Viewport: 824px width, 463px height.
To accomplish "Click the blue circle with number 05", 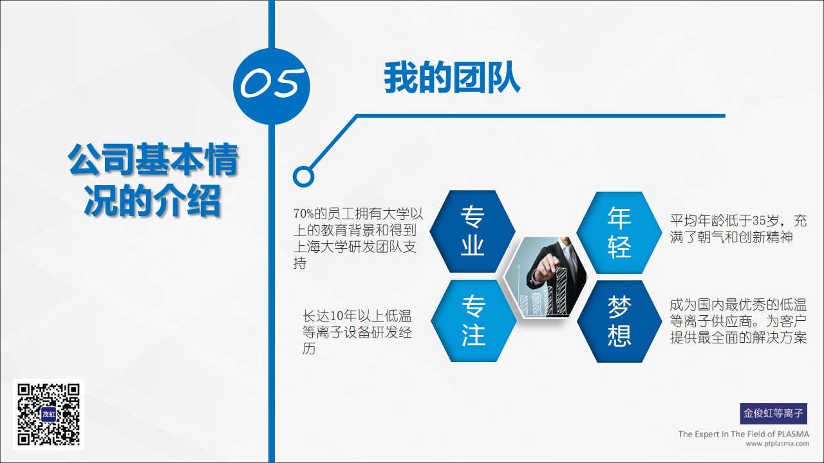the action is coord(272,86).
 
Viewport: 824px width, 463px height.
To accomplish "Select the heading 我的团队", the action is coord(452,78).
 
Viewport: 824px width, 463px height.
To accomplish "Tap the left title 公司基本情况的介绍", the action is coord(153,180).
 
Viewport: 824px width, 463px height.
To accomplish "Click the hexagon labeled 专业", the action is coord(473,232).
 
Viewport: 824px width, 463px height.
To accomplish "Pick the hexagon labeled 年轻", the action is coord(619,233).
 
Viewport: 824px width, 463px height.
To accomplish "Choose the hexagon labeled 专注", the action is coord(473,321).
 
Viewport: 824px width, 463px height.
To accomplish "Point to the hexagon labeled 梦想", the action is coord(619,322).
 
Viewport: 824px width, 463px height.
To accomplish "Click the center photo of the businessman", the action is coord(545,277).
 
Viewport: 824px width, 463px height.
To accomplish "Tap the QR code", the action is coord(48,415).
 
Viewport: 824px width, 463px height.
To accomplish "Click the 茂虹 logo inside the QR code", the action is coord(48,415).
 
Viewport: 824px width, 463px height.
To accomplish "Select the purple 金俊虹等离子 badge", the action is coord(774,413).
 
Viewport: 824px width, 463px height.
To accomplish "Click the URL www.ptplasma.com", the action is coord(777,444).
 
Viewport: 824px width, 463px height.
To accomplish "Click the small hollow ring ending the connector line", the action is coord(303,176).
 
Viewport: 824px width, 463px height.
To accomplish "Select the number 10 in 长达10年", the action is coord(337,316).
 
